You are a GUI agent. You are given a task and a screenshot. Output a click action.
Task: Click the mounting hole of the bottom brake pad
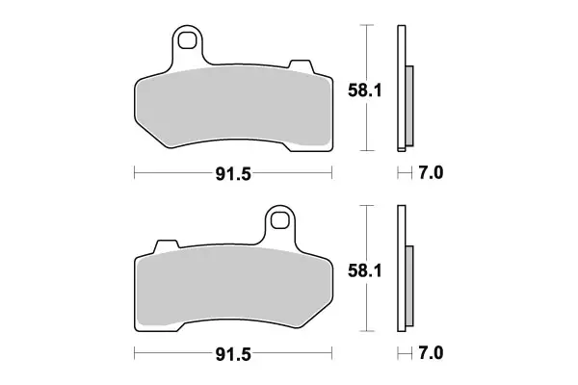pyautogui.click(x=280, y=219)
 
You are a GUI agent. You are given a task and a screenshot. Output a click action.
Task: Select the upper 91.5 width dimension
pyautogui.click(x=233, y=174)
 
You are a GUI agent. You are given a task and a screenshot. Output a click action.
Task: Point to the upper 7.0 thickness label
pyautogui.click(x=431, y=174)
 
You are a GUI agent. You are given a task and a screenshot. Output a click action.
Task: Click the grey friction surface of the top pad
pyautogui.click(x=231, y=106)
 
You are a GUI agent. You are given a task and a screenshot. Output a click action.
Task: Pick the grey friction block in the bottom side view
pyautogui.click(x=408, y=285)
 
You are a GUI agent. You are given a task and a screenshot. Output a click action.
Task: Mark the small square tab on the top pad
pyautogui.click(x=302, y=64)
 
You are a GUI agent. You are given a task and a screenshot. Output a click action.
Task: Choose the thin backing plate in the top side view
pyautogui.click(x=401, y=48)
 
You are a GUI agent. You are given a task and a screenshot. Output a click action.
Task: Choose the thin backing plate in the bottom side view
pyautogui.click(x=401, y=226)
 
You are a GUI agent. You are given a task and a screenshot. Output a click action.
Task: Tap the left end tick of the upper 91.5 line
pyautogui.click(x=133, y=174)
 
